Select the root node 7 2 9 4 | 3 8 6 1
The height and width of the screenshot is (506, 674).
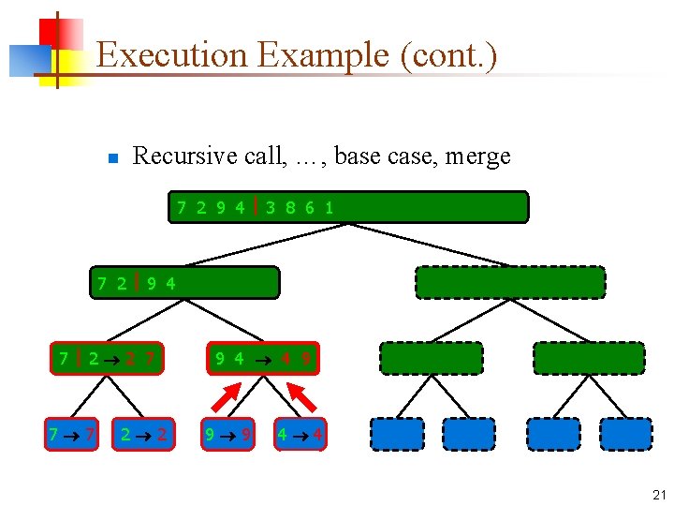click(x=348, y=207)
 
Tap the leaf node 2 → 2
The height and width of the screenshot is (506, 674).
click(x=143, y=434)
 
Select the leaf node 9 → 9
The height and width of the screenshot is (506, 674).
click(x=227, y=434)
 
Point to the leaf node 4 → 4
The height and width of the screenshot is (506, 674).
click(x=300, y=434)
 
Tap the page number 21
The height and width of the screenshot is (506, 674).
click(x=658, y=495)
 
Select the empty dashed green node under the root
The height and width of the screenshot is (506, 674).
click(x=510, y=282)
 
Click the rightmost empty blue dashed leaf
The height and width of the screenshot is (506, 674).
click(x=625, y=434)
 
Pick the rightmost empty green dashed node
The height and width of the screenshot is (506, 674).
click(x=589, y=358)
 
